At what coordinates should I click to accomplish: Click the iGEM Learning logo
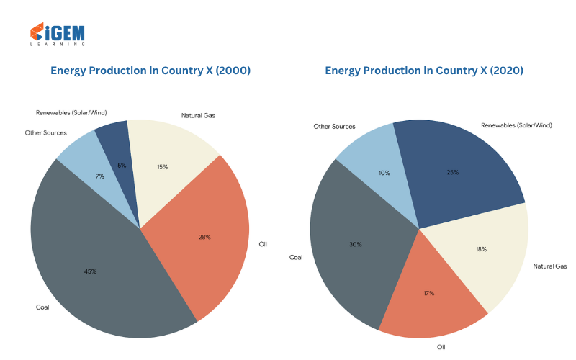pos(58,34)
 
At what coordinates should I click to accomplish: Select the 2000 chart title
pos(150,71)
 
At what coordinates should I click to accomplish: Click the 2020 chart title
pos(424,71)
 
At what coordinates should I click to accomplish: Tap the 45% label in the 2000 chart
pos(91,271)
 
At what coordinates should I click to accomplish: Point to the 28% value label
pos(204,238)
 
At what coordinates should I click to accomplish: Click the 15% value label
pos(163,167)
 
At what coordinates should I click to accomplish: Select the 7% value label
pos(100,176)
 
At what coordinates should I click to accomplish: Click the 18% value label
pos(481,249)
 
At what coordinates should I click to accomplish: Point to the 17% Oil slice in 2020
pos(430,294)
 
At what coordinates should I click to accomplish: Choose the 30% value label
pos(355,244)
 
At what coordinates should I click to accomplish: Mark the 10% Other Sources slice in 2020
pos(382,169)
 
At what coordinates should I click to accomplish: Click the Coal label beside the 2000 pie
pos(42,307)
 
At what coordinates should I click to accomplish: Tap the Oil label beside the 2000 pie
pos(263,244)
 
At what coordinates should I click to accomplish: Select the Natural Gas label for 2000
pos(198,115)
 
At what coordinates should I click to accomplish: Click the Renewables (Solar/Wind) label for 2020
pos(516,125)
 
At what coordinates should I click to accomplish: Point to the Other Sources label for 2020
pos(334,127)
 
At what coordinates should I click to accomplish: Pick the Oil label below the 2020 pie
pos(441,347)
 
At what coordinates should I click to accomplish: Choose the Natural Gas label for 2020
pos(550,266)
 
